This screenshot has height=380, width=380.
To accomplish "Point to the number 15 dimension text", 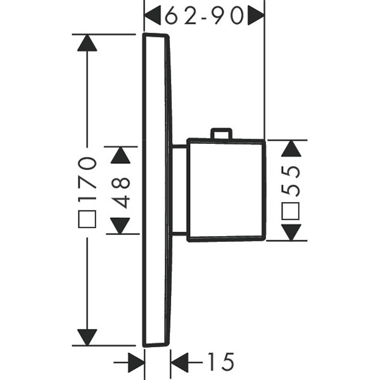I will click(220, 363).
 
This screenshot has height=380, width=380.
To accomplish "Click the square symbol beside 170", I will click(87, 220).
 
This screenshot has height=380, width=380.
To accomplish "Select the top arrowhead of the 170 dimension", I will click(87, 42).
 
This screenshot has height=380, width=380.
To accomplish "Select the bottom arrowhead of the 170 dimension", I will click(87, 338).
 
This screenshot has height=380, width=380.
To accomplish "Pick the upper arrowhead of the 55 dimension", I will click(291, 148).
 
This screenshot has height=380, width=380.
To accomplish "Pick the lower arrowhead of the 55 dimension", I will click(291, 232).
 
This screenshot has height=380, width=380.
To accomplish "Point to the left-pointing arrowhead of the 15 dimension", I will click(180, 363).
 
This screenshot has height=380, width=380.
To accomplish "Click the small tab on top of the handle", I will click(220, 132).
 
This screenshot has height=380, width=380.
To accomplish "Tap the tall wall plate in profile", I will click(156, 190).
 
